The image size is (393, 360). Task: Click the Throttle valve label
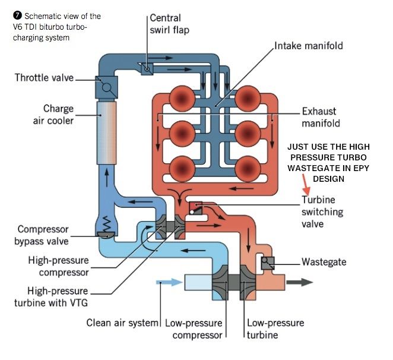click(x=43, y=78)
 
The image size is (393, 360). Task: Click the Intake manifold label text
click(x=308, y=46)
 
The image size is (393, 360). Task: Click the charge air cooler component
click(x=107, y=132)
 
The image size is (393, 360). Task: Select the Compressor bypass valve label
click(x=43, y=235)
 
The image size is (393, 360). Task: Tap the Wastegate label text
click(x=324, y=261)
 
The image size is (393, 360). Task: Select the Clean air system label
click(x=123, y=323)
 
